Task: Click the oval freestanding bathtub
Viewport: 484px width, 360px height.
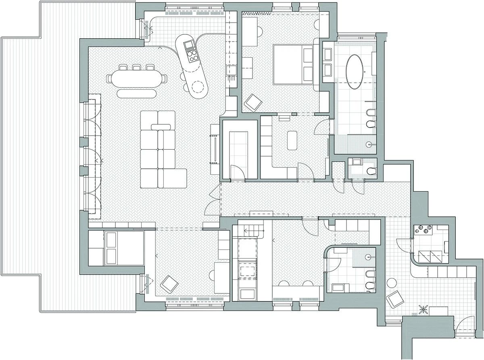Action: [x=355, y=71]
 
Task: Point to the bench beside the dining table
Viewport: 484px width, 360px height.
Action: [x=136, y=94]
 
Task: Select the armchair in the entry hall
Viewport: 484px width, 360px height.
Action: [x=395, y=300]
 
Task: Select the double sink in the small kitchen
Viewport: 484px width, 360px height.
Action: [x=430, y=255]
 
